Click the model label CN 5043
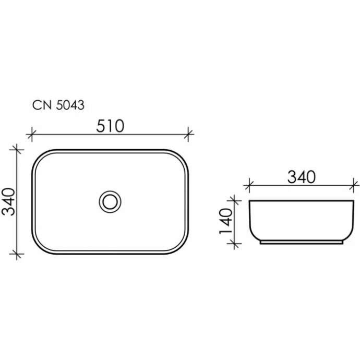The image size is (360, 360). [x=58, y=105]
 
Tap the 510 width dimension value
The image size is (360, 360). [x=110, y=126]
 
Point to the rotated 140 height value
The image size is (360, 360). [x=226, y=221]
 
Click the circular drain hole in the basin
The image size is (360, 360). [x=110, y=201]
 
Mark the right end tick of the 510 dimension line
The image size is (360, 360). [x=188, y=135]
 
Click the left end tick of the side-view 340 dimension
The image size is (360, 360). [x=249, y=185]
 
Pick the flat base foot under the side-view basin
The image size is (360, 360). [x=302, y=242]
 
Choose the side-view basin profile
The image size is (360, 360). [x=302, y=219]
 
